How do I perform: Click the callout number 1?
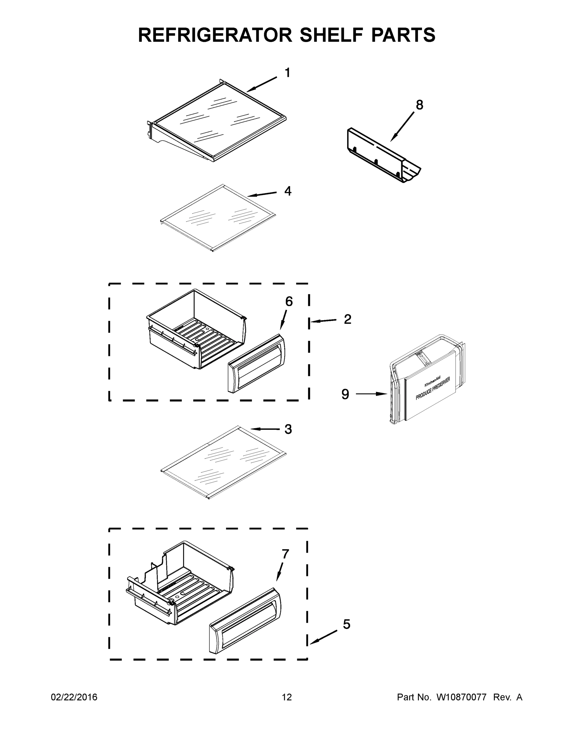tap(287, 73)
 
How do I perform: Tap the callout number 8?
tap(419, 105)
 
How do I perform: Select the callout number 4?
tap(288, 191)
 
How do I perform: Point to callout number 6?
tap(289, 301)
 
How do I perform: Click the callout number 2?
tap(347, 319)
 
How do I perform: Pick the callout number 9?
tap(345, 394)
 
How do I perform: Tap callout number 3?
tap(288, 429)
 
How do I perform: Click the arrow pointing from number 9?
tap(371, 394)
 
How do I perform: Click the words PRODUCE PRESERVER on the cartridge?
tap(433, 388)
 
